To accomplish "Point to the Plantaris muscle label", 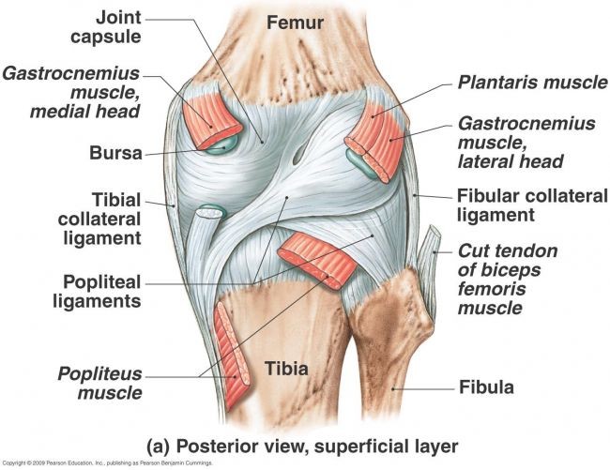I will pos(532,83).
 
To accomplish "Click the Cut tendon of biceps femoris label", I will pos(507,279).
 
